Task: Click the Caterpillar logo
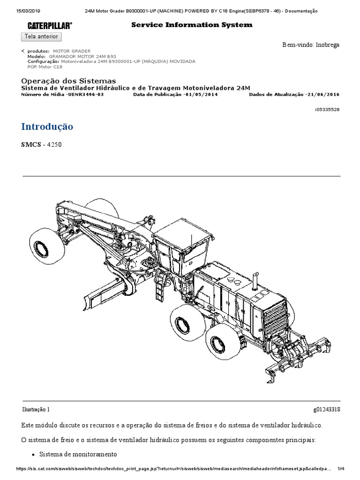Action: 49,25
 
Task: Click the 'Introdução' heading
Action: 47,127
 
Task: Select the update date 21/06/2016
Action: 322,94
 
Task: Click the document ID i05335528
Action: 327,109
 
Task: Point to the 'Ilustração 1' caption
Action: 36,409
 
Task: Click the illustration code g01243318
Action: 326,409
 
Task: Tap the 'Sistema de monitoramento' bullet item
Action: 78,454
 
